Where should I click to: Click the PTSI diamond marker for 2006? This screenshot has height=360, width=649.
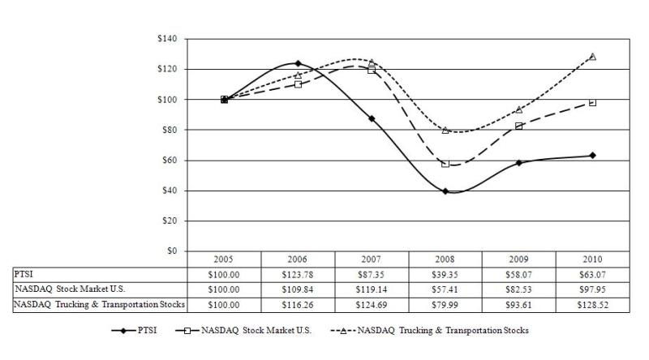click(298, 63)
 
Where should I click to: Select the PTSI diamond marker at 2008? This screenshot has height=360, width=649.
click(445, 191)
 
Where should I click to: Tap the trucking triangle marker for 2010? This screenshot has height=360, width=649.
click(593, 57)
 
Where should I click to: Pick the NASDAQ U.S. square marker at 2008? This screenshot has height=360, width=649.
click(445, 164)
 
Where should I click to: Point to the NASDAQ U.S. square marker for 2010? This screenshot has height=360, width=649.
click(593, 103)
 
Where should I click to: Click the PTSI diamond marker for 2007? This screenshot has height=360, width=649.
click(372, 118)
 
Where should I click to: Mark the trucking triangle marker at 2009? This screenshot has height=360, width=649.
click(519, 109)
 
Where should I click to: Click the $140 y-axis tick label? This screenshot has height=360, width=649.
click(167, 38)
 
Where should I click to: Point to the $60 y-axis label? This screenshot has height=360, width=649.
click(170, 161)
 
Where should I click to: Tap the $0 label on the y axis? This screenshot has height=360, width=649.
click(172, 251)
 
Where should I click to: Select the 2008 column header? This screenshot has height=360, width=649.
click(445, 259)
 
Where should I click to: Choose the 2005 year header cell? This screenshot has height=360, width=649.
click(224, 259)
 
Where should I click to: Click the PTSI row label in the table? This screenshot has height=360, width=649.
click(24, 274)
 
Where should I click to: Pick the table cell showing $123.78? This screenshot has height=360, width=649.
click(298, 275)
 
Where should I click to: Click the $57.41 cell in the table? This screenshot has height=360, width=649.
click(445, 289)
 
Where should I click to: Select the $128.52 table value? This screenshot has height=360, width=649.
click(593, 305)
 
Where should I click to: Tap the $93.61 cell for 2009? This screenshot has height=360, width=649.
click(518, 305)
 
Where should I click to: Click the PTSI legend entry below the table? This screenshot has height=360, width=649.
click(134, 331)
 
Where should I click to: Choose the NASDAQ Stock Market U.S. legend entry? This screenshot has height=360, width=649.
click(243, 331)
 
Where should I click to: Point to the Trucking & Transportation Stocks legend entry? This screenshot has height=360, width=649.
click(430, 331)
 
